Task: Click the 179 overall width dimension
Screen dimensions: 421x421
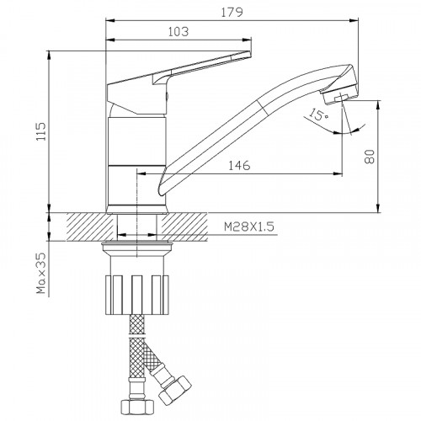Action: click(232, 13)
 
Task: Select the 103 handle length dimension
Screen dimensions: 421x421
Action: click(179, 32)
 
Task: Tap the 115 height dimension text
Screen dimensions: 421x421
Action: click(41, 131)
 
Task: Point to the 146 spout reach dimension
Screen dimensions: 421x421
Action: click(239, 166)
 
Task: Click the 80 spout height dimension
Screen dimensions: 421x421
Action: click(370, 157)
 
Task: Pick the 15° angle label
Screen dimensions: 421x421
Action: click(318, 115)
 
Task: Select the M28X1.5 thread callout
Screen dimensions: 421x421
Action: click(249, 226)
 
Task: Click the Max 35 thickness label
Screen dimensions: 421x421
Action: click(41, 273)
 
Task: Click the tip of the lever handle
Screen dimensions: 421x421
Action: click(249, 53)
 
